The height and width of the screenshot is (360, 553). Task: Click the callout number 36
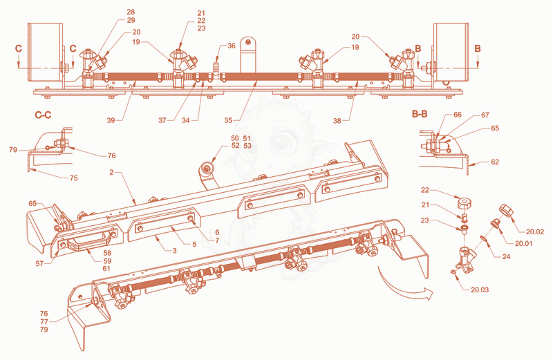(232, 46)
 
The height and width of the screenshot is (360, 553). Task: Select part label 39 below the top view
(111, 120)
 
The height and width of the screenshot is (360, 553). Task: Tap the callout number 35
(228, 120)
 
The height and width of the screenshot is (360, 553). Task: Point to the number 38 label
(337, 121)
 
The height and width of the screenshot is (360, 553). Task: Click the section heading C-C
(43, 115)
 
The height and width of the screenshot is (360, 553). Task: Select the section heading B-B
(420, 114)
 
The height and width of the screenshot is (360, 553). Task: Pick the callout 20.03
(480, 290)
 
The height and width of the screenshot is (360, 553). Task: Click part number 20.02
(535, 231)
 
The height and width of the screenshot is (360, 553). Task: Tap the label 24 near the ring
(506, 256)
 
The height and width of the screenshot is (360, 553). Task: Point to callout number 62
(495, 162)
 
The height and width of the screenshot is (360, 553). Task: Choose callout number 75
(73, 178)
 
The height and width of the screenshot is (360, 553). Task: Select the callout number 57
(39, 263)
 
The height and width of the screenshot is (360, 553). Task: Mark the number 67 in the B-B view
(485, 115)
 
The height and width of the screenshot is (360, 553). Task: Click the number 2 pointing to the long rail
(111, 173)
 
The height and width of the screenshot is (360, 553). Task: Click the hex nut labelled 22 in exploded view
(465, 203)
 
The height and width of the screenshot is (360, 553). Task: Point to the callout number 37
(162, 120)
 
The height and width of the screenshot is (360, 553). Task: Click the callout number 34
(185, 120)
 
